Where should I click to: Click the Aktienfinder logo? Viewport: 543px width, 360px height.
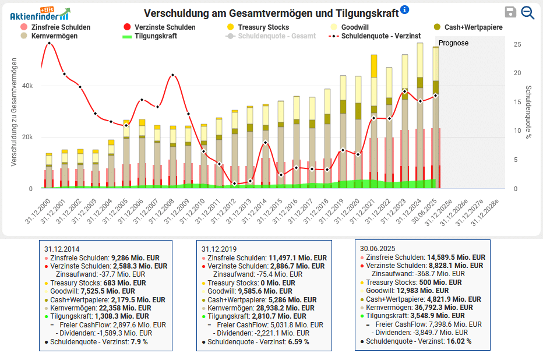[x=40, y=14]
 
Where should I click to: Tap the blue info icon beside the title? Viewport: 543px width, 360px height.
[x=405, y=10]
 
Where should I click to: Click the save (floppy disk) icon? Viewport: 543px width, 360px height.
[x=510, y=13]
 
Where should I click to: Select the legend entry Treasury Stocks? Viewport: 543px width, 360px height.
[x=266, y=27]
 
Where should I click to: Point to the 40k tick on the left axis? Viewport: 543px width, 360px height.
[x=27, y=86]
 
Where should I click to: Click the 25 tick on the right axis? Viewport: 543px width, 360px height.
[x=517, y=44]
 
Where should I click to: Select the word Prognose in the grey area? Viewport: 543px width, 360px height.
[x=453, y=43]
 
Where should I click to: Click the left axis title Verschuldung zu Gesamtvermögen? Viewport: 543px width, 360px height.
[x=13, y=114]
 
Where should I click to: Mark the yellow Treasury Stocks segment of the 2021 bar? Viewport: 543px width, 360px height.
[x=374, y=66]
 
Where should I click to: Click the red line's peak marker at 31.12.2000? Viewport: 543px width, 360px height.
[x=49, y=43]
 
